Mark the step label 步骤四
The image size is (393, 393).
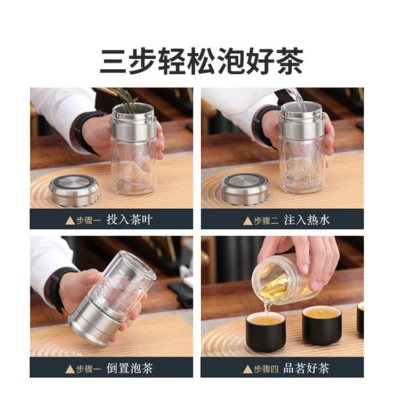[265, 368]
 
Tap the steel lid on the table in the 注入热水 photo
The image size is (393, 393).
[245, 188]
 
